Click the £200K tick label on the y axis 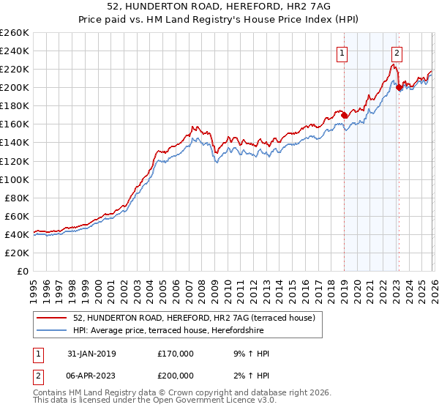click(x=15, y=87)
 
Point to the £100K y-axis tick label click(x=15, y=179)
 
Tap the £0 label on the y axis click(x=23, y=271)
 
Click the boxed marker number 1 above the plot click(x=342, y=52)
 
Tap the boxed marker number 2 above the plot click(x=397, y=52)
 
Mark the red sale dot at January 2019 click(x=345, y=115)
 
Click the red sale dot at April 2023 click(x=399, y=88)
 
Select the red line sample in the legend click(x=52, y=318)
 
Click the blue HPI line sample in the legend click(x=52, y=330)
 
